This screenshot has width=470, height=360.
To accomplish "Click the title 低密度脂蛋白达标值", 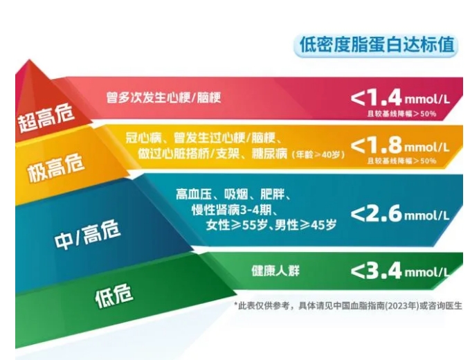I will click(x=376, y=45).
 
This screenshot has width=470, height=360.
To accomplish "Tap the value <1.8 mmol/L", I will click(x=399, y=146).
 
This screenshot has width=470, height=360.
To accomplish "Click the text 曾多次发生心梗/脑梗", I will click(x=163, y=97).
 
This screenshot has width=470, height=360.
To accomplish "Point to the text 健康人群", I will click(x=275, y=271).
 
